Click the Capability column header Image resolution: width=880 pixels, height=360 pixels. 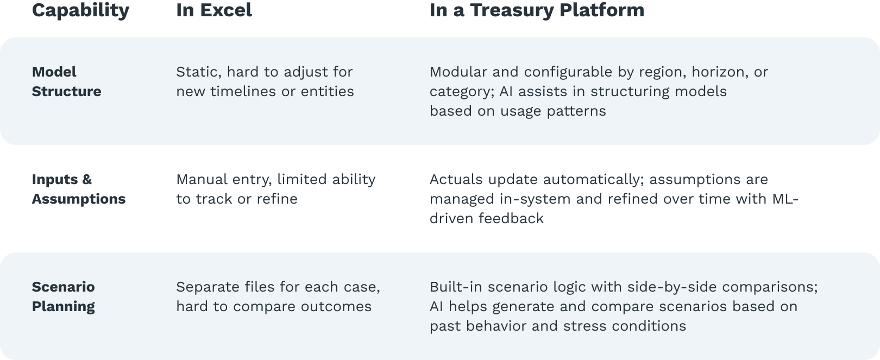pyautogui.click(x=80, y=11)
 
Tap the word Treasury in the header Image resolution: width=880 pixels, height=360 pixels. pyautogui.click(x=512, y=11)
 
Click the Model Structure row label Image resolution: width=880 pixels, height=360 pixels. pyautogui.click(x=66, y=81)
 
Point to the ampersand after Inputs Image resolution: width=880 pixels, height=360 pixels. pyautogui.click(x=87, y=179)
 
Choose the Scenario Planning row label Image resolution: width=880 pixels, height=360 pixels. pyautogui.click(x=63, y=297)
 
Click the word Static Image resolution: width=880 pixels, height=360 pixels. pyautogui.click(x=199, y=72)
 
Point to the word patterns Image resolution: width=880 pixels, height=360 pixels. pyautogui.click(x=576, y=111)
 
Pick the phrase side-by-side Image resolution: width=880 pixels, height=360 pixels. pyautogui.click(x=672, y=287)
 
